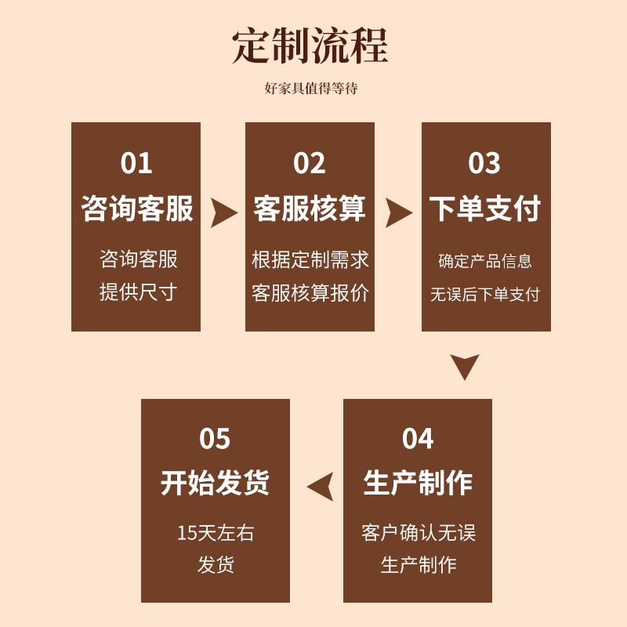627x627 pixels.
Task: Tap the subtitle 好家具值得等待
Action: tap(311, 89)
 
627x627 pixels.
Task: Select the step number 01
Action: tap(136, 163)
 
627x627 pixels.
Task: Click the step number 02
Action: tap(310, 163)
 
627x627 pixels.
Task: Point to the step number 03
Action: tap(484, 163)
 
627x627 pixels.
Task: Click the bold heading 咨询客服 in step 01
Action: tap(137, 209)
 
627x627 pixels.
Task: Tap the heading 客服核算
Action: tap(310, 209)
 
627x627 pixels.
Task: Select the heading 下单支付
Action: tap(485, 209)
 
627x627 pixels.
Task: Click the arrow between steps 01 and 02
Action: tap(223, 212)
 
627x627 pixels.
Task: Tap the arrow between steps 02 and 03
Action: tap(398, 212)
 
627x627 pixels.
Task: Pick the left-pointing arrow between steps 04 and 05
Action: tap(321, 486)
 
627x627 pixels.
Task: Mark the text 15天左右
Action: tap(216, 533)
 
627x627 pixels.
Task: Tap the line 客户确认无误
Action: tap(418, 533)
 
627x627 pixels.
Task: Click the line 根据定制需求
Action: tap(310, 259)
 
